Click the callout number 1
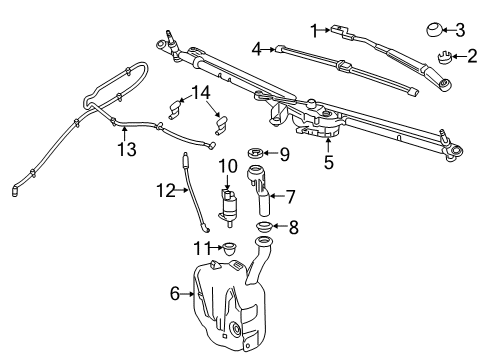point(314,30)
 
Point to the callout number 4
point(257,47)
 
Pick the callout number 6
point(175,293)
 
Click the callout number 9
point(284,154)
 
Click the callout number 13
point(124,150)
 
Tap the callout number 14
point(203,93)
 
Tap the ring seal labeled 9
point(255,153)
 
